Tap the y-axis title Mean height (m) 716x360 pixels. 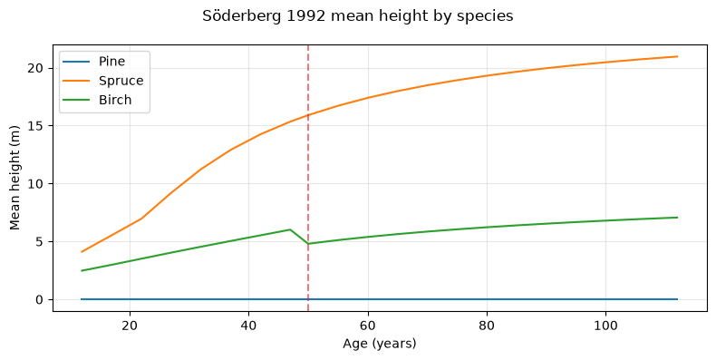pos(15,178)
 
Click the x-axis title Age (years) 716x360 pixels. pos(380,344)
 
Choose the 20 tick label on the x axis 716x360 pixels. pos(130,326)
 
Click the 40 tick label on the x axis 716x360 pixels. pos(248,326)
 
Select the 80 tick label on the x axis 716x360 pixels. pos(487,326)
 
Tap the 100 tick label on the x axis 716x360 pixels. pos(605,326)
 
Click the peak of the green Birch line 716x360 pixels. pos(290,229)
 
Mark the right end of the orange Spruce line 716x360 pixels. pos(678,56)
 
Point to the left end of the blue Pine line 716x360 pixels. pos(82,299)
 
